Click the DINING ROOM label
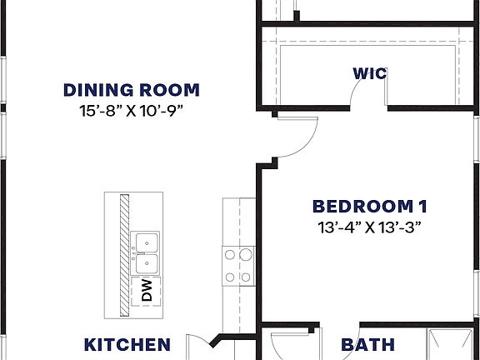coord(132,90)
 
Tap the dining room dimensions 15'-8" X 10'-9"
coord(132,109)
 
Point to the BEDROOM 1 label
coord(362,206)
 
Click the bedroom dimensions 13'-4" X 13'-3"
coord(362,227)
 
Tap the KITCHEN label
coord(127,344)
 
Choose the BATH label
coord(367,344)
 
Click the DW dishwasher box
coord(146,290)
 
